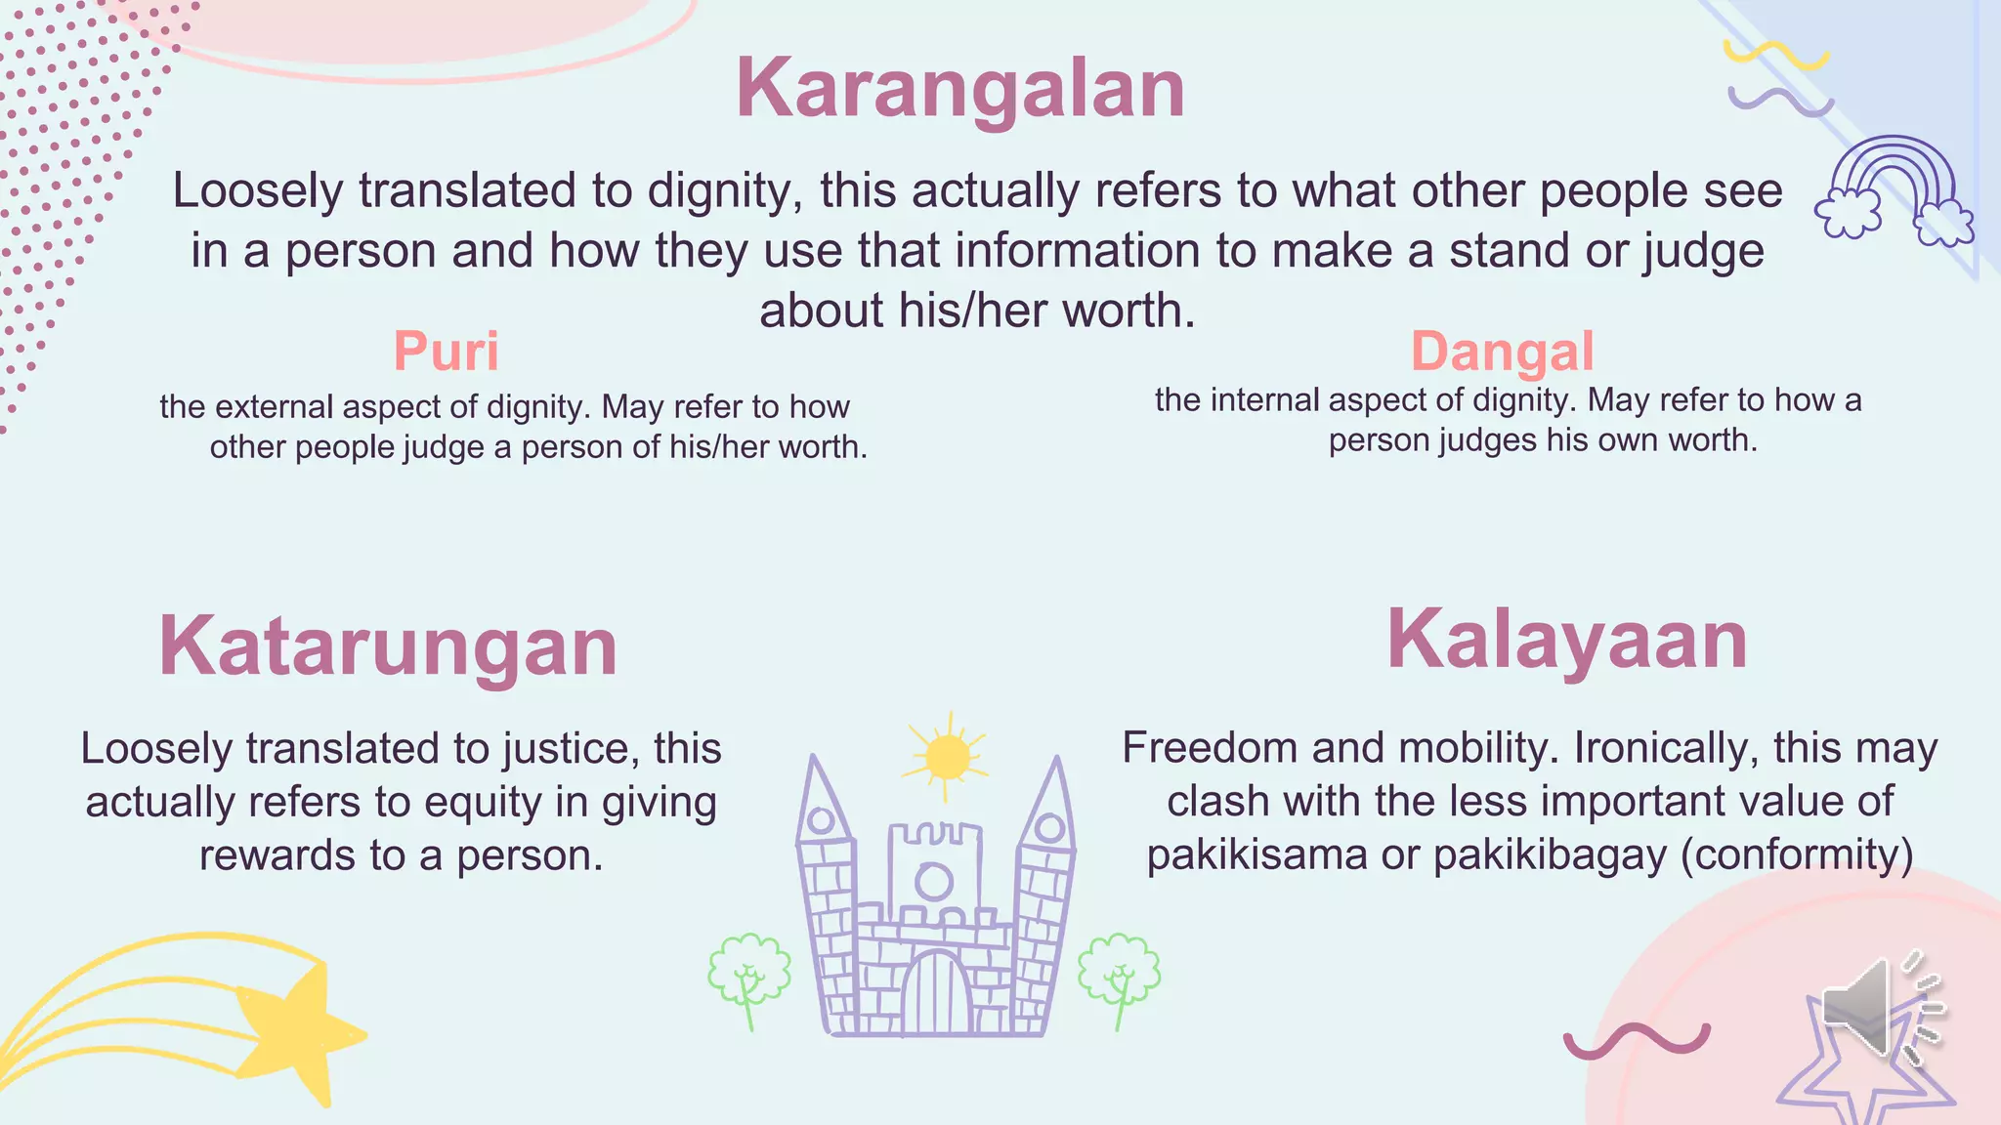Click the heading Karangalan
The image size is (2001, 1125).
pos(960,89)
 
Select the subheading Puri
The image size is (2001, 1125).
pos(446,351)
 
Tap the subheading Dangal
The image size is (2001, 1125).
pos(1502,352)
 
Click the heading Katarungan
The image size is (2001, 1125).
pos(388,646)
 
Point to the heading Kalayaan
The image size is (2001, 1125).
pos(1566,640)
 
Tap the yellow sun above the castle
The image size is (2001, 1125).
pos(946,757)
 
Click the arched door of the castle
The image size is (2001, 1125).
pos(936,994)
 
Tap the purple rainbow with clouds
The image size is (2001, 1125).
pos(1894,190)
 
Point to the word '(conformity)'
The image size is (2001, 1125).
pos(1797,855)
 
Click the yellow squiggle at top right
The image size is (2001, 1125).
pos(1775,55)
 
